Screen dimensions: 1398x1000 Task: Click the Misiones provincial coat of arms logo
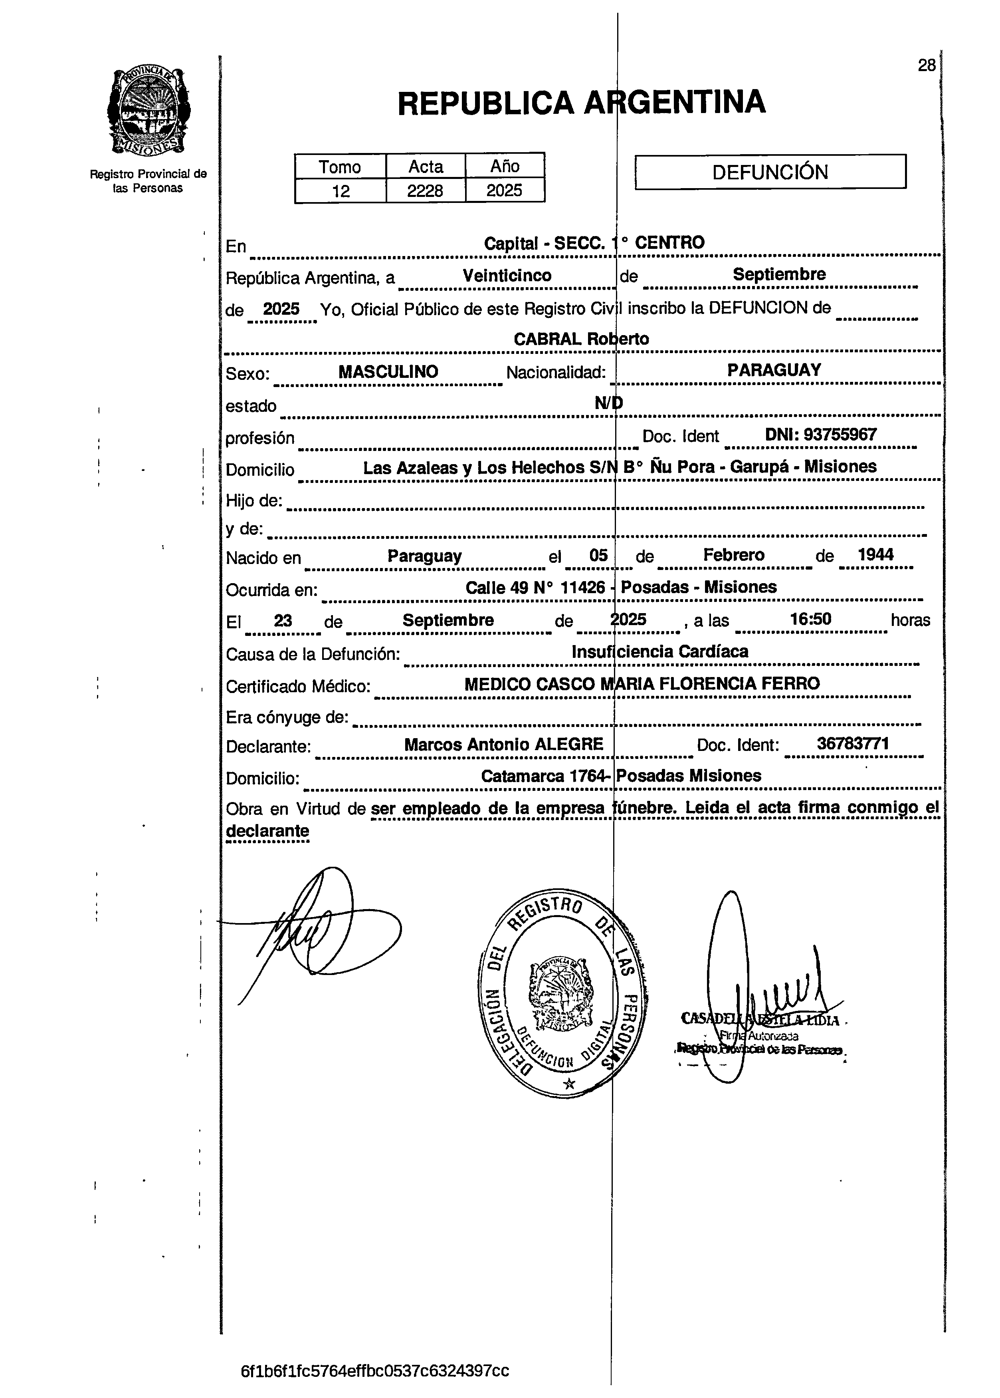pos(149,111)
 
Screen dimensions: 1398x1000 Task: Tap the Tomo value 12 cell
pos(341,191)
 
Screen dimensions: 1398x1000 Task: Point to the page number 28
pos(926,66)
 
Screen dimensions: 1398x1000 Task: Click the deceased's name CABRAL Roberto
pos(581,339)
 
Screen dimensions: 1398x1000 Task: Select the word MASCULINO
pos(388,371)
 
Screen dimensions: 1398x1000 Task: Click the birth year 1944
pos(875,554)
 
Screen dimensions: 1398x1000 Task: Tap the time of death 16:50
pos(810,619)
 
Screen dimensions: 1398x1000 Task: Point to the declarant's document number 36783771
pos(853,744)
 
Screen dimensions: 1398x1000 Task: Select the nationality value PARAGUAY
pos(774,370)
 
